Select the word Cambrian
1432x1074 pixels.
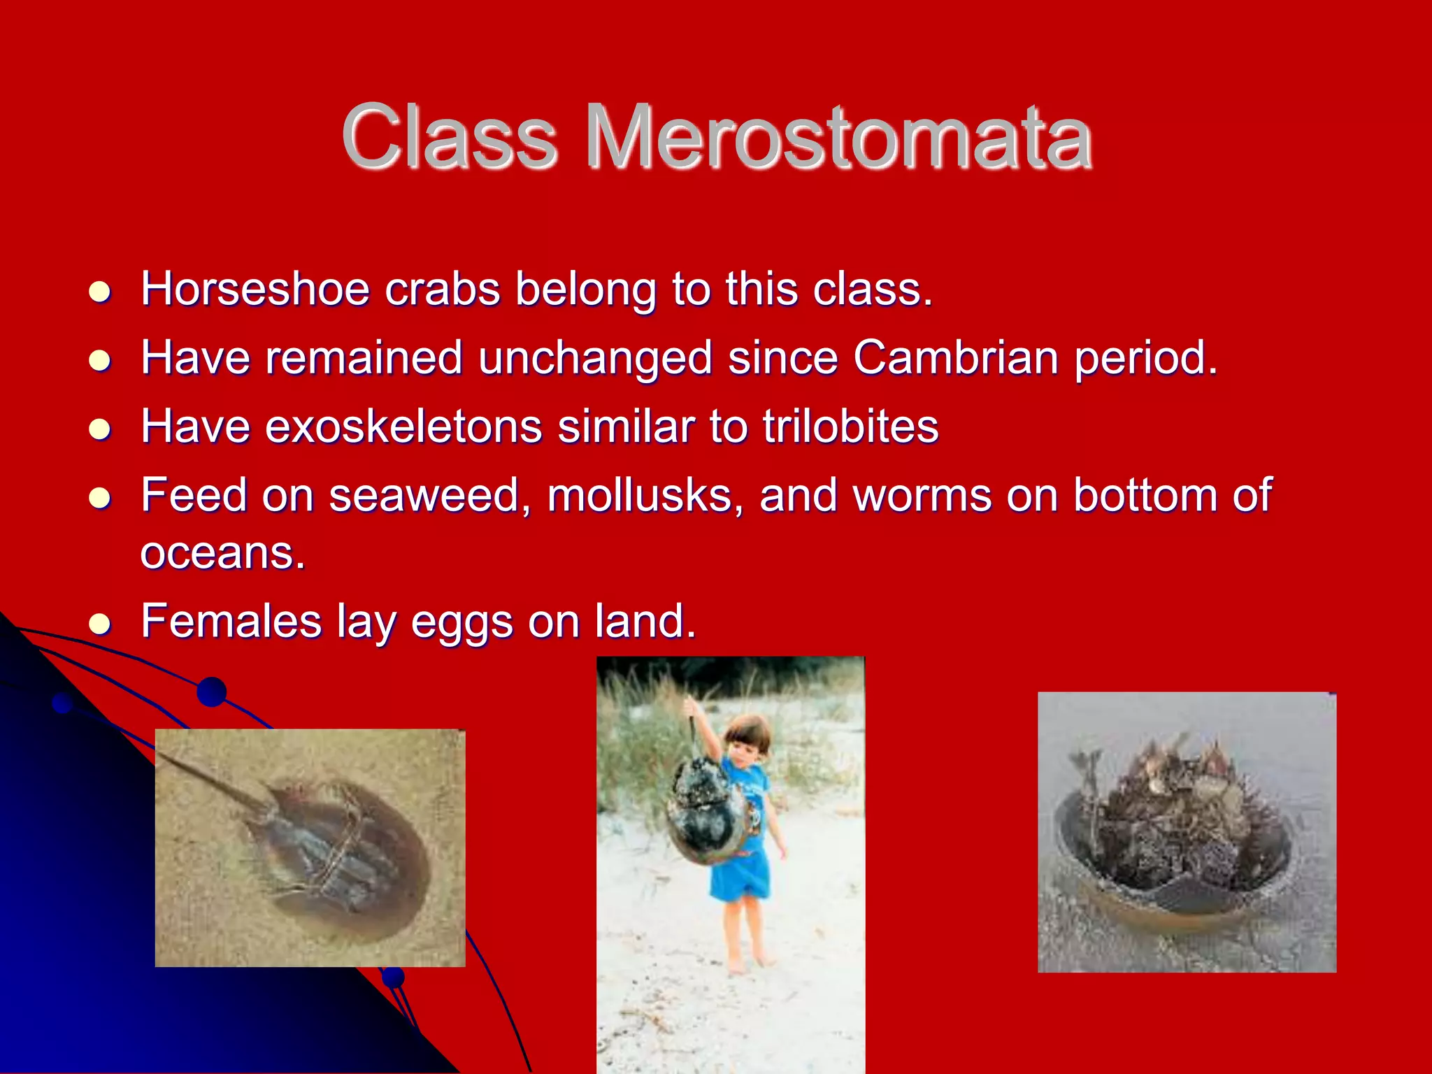click(x=955, y=357)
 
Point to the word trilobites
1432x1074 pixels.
click(x=850, y=426)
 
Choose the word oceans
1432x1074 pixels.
click(x=222, y=553)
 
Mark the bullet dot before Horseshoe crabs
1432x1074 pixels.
click(x=100, y=291)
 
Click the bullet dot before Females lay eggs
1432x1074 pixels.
click(x=100, y=622)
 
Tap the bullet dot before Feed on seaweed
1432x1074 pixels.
click(x=100, y=497)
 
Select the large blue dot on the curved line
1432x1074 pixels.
click(x=212, y=692)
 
